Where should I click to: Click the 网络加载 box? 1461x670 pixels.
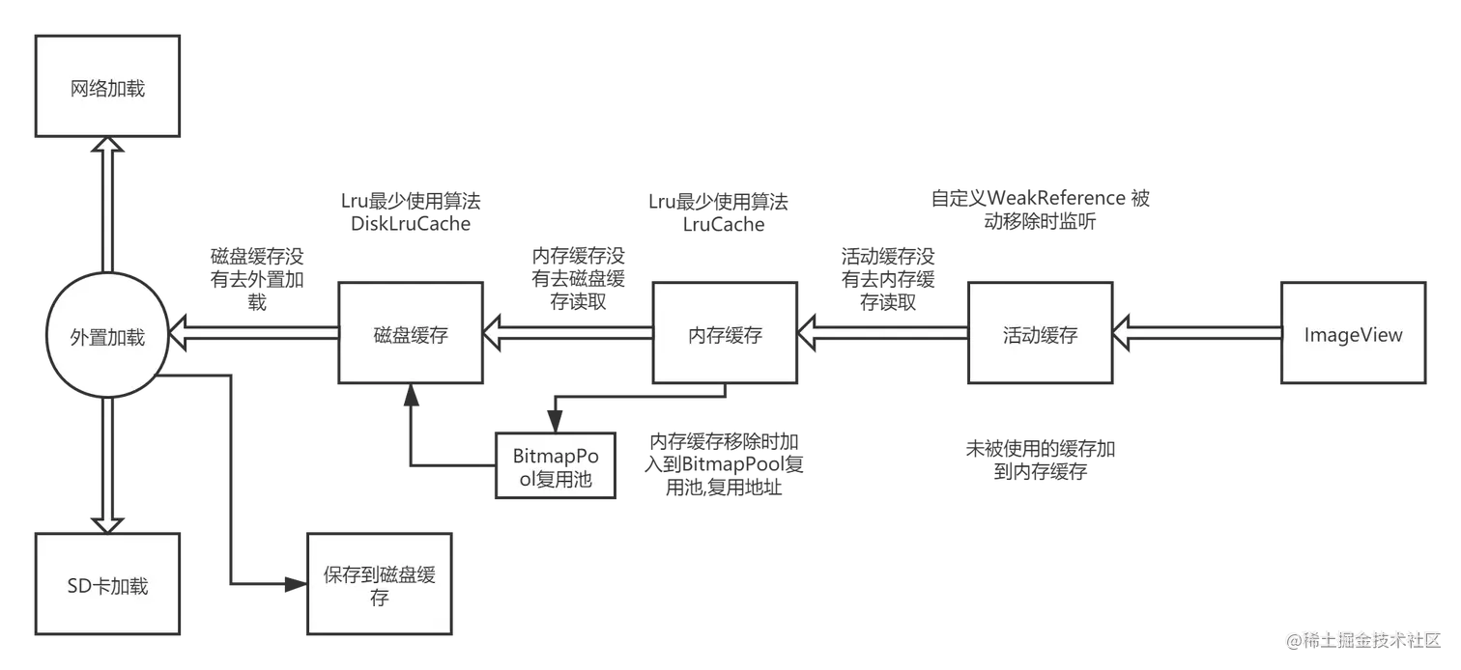tap(107, 87)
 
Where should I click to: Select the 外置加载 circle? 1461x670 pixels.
tap(107, 336)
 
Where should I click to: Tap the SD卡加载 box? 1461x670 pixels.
tap(107, 585)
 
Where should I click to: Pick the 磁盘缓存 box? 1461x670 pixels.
tap(411, 334)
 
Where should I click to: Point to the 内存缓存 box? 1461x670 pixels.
tap(726, 334)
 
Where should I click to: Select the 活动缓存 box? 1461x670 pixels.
tap(1040, 334)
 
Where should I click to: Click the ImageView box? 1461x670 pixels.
tap(1353, 334)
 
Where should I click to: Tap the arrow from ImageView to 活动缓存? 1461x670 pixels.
tap(1198, 334)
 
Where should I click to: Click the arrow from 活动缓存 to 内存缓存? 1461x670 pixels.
tap(884, 334)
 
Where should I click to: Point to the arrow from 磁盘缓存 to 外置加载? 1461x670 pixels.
tap(253, 334)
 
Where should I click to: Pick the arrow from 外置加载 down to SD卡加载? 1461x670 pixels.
tap(108, 463)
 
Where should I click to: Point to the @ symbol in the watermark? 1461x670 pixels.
tap(1292, 638)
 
